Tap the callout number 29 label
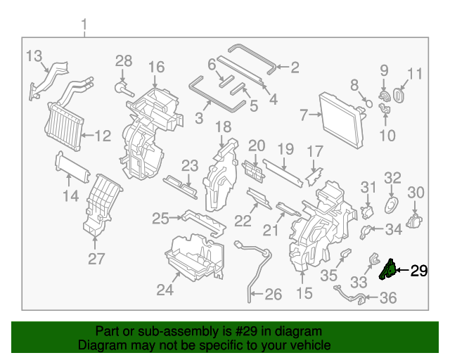(x=418, y=271)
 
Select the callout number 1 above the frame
(x=84, y=27)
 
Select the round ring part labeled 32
(x=391, y=205)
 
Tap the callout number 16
(x=156, y=67)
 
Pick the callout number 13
(x=34, y=56)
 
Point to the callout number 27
(x=96, y=259)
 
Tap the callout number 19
(x=285, y=149)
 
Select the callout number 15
(x=304, y=292)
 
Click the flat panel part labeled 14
(x=72, y=169)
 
